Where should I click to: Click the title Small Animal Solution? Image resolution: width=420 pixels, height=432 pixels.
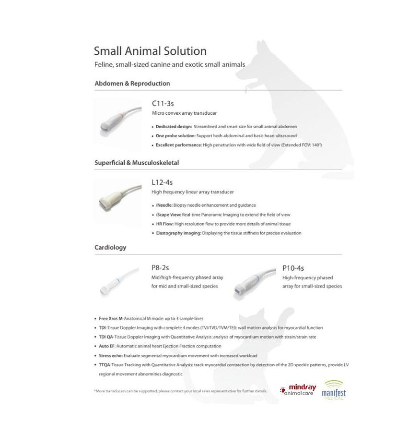click(150, 51)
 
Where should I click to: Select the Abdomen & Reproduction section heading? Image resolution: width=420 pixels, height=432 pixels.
click(132, 84)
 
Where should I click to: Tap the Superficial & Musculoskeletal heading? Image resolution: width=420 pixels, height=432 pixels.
click(137, 163)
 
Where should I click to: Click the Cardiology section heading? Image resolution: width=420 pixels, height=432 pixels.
click(110, 248)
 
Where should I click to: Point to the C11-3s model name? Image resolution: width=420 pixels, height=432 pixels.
click(160, 103)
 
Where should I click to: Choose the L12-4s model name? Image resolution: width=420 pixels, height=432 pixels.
click(162, 182)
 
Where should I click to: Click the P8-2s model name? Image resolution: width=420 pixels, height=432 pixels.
click(160, 268)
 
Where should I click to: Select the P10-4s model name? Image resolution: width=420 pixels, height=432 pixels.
click(293, 268)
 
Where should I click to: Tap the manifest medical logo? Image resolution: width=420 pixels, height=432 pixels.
click(334, 390)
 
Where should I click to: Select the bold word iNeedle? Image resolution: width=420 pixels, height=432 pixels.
click(165, 205)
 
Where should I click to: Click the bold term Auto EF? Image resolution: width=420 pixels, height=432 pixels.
click(108, 346)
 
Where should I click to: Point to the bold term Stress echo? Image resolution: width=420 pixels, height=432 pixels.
click(111, 356)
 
